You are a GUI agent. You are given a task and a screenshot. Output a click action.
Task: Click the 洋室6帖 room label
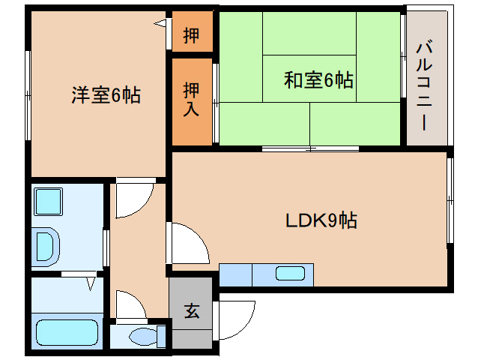point(106,95)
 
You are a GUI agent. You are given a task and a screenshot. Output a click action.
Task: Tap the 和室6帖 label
point(318,79)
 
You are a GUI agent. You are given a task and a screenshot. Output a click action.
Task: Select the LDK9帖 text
point(321,220)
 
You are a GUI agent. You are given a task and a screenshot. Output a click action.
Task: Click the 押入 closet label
point(192,100)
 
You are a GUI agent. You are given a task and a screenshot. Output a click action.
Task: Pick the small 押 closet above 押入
point(192,35)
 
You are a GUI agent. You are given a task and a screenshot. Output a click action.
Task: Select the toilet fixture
point(145,335)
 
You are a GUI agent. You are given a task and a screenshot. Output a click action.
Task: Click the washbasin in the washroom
point(46,245)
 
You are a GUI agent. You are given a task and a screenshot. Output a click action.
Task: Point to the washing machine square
point(50,202)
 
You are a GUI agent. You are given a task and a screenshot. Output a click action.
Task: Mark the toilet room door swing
point(129,305)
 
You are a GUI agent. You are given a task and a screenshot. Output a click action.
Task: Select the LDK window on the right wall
point(451,200)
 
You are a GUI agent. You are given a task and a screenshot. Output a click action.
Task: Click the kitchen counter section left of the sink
point(235,275)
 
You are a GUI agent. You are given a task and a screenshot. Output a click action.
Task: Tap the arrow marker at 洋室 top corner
point(160,24)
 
